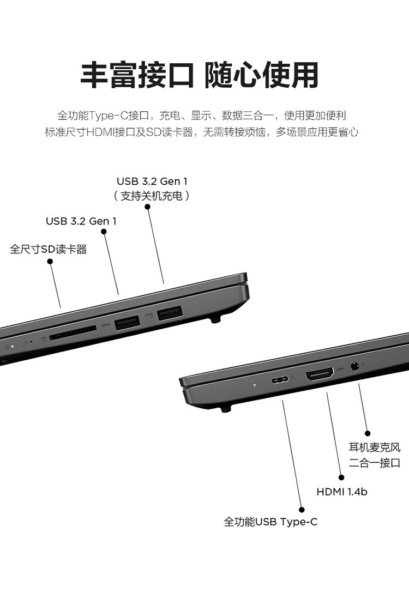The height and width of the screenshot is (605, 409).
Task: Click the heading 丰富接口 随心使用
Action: coord(199,75)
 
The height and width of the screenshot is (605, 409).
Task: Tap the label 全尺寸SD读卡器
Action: coord(49,249)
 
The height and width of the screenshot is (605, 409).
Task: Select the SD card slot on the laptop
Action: coord(73,332)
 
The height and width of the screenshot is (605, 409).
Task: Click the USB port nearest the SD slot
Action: coord(128,323)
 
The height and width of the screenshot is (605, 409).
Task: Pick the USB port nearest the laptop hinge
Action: coord(170,313)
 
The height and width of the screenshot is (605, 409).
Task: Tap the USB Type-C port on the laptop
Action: coord(280,380)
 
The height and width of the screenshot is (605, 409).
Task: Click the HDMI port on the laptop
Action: coord(320,374)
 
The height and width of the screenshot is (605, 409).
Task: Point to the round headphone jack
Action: coord(354,365)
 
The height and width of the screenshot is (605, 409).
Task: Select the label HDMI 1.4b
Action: coord(342,492)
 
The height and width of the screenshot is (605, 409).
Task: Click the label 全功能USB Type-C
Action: coord(270,522)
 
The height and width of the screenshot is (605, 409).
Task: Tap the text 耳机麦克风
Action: coord(374,447)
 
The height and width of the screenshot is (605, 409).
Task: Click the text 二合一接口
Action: coord(374,463)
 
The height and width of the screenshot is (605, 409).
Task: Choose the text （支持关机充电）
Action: coord(152,196)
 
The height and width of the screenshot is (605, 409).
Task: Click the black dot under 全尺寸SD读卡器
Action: coord(50,261)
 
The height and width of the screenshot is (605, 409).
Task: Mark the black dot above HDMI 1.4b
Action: coord(341,477)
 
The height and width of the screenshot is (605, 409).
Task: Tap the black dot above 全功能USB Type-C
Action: coord(302,510)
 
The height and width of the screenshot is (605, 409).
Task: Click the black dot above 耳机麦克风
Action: coord(368,433)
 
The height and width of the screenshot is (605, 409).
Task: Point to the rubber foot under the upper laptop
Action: coord(215,319)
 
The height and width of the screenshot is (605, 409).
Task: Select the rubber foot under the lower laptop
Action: coord(226,408)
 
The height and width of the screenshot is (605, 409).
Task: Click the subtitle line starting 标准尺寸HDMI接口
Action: coord(202,132)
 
